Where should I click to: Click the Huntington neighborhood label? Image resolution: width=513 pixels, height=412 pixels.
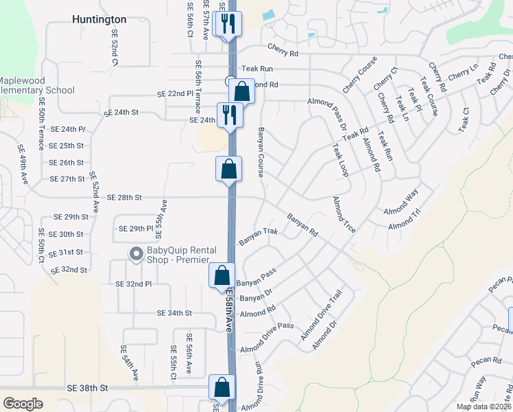tap(99, 20)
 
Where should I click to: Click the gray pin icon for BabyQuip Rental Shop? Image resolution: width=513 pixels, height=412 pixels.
tap(136, 254)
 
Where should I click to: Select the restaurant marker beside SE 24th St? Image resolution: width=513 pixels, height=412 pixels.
tap(228, 115)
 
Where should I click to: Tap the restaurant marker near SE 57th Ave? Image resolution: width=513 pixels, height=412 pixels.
tap(226, 24)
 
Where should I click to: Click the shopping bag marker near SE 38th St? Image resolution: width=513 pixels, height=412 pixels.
tap(222, 387)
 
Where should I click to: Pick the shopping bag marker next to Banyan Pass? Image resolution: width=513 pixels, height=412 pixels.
tap(222, 276)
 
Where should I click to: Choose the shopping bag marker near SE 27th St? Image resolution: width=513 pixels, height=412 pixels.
tap(228, 169)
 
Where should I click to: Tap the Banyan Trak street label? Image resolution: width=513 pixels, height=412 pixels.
tap(259, 237)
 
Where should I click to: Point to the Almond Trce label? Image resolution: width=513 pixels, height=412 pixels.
tap(344, 214)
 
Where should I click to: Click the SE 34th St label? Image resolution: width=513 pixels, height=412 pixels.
tap(174, 313)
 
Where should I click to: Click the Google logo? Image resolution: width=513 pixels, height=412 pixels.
tap(23, 404)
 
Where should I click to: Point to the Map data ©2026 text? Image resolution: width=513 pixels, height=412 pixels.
tap(482, 407)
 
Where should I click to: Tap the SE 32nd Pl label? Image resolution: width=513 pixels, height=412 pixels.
tap(133, 284)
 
